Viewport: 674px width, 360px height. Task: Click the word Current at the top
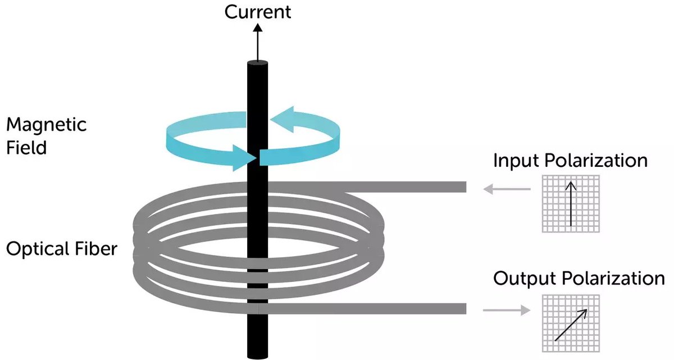click(258, 12)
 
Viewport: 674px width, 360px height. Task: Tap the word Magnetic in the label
click(47, 124)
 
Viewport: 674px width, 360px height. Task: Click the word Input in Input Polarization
click(514, 161)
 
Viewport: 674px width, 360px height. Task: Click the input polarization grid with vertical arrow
click(571, 203)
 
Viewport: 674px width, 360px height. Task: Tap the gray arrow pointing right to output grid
click(506, 309)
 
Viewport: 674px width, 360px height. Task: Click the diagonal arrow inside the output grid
click(571, 324)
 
